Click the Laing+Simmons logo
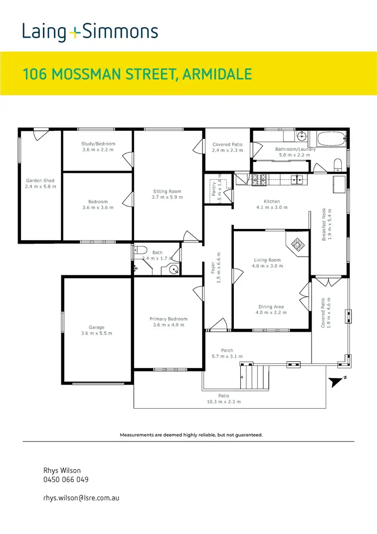[90, 32]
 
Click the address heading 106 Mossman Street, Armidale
[137, 74]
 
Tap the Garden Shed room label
[40, 180]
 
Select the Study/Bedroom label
[98, 144]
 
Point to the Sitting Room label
[167, 191]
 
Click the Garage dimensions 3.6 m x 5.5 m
[97, 333]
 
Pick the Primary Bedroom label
[168, 319]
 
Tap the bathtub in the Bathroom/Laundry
[327, 138]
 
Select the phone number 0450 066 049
[66, 480]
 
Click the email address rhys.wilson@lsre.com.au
[81, 498]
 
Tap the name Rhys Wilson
[62, 470]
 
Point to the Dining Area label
[271, 307]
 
